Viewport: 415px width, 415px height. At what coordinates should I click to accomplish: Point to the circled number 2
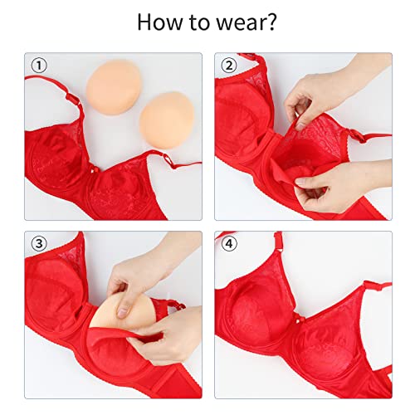coord(226,66)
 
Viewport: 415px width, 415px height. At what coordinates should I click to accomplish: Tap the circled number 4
coord(226,243)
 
